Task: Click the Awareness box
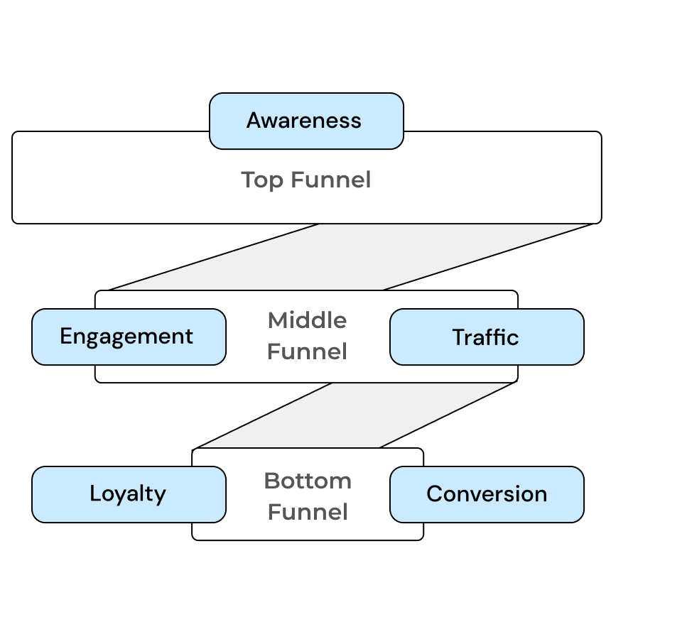(306, 121)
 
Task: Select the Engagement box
(129, 337)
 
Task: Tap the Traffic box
(486, 337)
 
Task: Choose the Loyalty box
(129, 494)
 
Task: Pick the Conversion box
(486, 494)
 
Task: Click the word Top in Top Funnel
(261, 180)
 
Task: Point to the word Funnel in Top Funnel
(330, 180)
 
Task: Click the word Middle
(307, 320)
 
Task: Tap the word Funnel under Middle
(307, 351)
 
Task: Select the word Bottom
(308, 481)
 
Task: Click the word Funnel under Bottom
(308, 512)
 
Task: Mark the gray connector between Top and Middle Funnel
(352, 257)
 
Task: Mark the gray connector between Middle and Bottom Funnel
(355, 415)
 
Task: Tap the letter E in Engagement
(66, 337)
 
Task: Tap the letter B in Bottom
(271, 481)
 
